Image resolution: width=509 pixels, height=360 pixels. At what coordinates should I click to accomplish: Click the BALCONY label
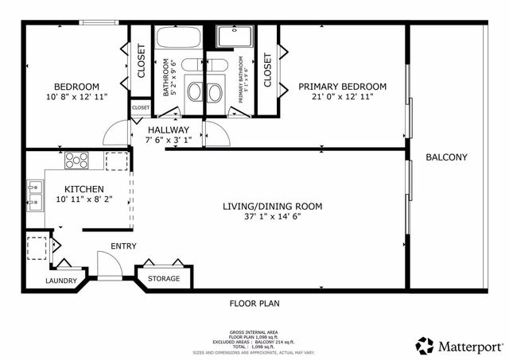point(446,157)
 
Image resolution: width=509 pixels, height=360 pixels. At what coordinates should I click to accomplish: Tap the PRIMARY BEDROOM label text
point(342,87)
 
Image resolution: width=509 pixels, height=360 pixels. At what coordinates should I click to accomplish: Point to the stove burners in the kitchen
point(76,161)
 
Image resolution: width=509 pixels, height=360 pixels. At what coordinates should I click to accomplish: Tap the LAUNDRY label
point(61,281)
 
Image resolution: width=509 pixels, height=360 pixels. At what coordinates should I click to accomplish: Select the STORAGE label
point(164,279)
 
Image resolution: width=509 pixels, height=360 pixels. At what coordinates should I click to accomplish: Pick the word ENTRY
point(123,246)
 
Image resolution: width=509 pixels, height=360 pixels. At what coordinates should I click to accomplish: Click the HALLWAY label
point(169,130)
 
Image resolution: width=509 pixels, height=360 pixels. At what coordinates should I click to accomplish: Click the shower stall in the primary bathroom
point(234,38)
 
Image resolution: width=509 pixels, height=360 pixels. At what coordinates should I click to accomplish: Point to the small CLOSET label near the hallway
point(141,107)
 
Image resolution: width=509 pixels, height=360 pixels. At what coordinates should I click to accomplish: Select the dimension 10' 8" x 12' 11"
point(76,97)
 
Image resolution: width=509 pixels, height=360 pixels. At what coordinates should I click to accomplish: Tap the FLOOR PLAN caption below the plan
point(254,303)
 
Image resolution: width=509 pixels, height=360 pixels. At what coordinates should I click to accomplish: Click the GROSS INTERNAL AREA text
point(254,331)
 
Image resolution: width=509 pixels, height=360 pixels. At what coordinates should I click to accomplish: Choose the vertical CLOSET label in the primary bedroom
point(267,70)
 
